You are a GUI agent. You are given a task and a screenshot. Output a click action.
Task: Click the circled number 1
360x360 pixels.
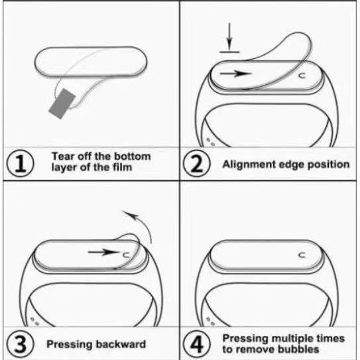[20, 163]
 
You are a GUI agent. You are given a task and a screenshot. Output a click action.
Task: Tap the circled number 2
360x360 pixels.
[197, 163]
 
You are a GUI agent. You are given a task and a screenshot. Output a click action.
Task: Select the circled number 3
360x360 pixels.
[20, 343]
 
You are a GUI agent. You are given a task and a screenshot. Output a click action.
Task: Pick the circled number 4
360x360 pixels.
[197, 343]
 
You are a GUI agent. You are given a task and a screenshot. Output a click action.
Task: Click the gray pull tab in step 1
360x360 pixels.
[62, 104]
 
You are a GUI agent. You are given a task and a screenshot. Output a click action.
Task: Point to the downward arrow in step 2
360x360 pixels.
[229, 36]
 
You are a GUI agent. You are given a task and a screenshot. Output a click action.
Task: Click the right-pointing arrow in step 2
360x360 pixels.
[236, 74]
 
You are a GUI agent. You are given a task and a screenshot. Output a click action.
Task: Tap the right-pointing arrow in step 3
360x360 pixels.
[103, 252]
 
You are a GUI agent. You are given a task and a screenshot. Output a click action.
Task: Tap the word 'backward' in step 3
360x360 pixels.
[121, 344]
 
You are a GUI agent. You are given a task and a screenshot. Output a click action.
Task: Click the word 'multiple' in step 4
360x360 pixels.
[293, 339]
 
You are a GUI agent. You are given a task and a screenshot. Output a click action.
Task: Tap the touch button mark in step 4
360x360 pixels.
[302, 255]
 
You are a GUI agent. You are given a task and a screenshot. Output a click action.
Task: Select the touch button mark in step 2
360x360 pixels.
[302, 76]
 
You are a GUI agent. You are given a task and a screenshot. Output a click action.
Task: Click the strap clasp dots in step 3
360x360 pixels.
[35, 321]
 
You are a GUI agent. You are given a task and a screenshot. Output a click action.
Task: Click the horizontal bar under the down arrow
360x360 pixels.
[229, 52]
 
